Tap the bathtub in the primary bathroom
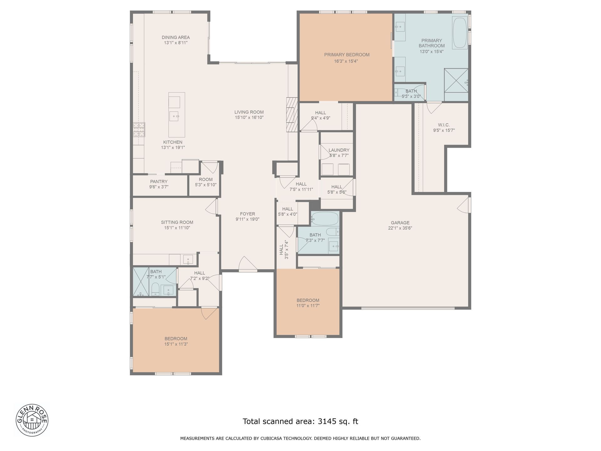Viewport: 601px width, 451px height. (x=460, y=33)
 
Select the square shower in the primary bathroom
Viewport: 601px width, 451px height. (x=456, y=80)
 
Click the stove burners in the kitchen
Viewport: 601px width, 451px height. (x=139, y=130)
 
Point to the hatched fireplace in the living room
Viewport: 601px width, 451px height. (x=291, y=115)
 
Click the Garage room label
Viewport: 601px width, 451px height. (x=400, y=223)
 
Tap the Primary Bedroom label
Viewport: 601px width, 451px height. (x=347, y=55)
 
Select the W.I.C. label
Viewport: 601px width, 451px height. (x=444, y=125)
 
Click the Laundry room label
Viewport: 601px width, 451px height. (x=339, y=150)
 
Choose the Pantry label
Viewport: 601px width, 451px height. (x=159, y=181)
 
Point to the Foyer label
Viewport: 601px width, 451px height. (x=247, y=214)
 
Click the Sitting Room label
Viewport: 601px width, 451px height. (x=177, y=222)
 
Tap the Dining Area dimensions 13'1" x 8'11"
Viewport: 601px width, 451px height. (x=176, y=43)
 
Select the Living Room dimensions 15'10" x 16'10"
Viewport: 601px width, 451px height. (x=249, y=117)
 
